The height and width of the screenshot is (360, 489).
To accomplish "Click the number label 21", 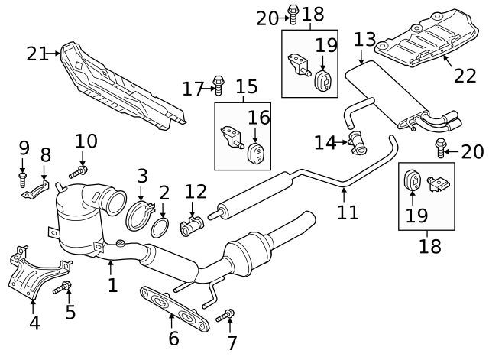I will point(37,54).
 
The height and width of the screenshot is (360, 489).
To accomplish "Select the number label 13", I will point(364,39).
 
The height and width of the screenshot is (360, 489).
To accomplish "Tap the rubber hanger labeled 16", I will point(256,151).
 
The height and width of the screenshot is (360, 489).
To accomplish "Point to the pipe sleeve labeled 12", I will point(192,226).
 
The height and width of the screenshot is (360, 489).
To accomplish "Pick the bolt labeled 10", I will point(77,173).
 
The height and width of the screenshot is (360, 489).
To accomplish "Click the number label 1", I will point(112,286).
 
